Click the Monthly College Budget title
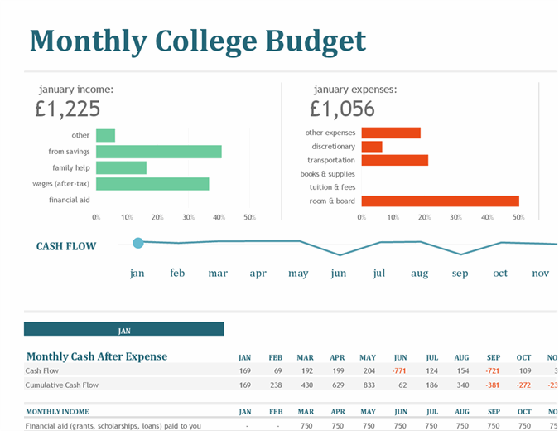coord(197,41)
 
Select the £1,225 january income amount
coord(68,109)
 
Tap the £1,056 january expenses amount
coord(342,109)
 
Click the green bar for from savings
coord(159,152)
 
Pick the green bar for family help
coord(121,167)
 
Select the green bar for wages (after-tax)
coord(152,184)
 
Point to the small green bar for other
coord(105,135)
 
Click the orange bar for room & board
coord(440,201)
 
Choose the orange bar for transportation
coord(394,160)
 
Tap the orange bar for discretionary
coord(372,147)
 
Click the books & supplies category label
coord(328,174)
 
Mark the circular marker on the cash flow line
coord(138,243)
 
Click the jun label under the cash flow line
coord(338,274)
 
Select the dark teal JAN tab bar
coord(124,330)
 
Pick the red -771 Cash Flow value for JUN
coord(399,370)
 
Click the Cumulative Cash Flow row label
coord(62,385)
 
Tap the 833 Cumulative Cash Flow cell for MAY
coord(369,385)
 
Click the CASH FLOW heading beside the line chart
coord(66,246)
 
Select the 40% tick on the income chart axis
coord(219,217)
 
